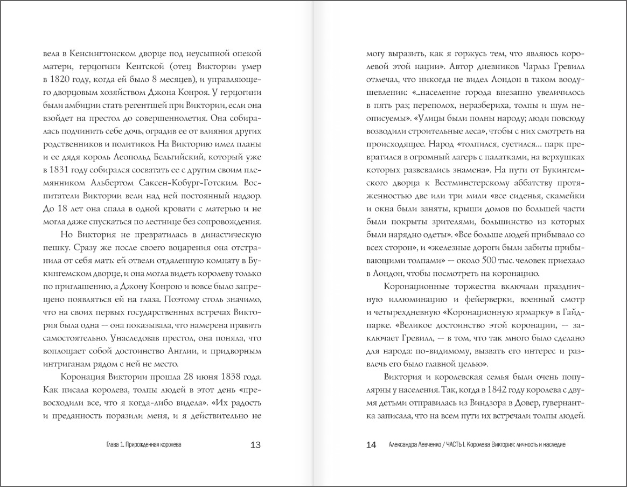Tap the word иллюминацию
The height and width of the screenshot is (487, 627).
click(x=417, y=299)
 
